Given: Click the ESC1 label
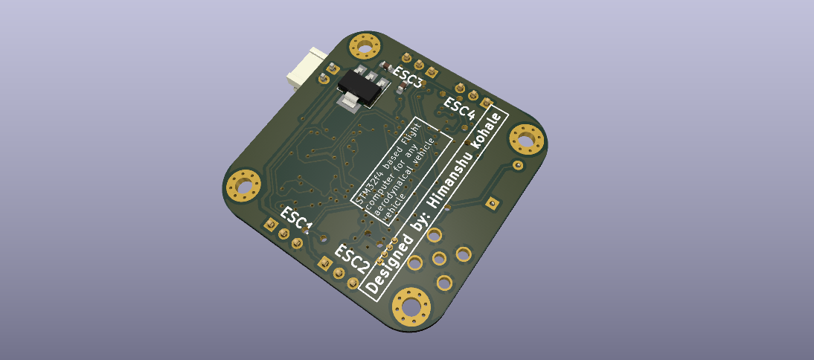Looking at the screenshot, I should [296, 219].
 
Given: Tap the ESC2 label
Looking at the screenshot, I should [352, 258].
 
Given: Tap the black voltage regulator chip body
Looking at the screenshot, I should [363, 83].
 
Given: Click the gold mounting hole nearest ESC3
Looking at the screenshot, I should [365, 48].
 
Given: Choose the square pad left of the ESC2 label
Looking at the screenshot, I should [325, 263].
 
